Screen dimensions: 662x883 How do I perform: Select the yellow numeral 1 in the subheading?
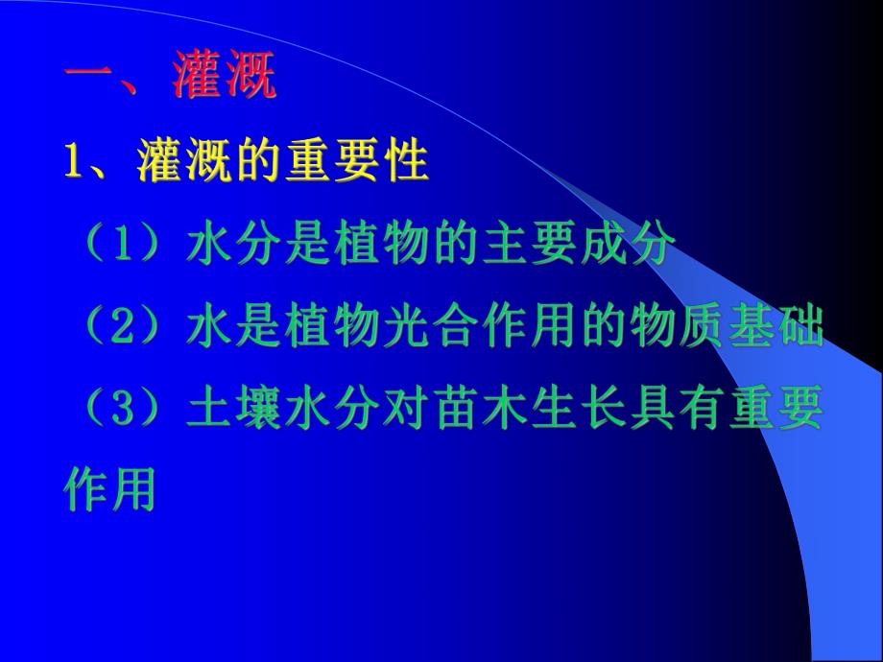(x=73, y=161)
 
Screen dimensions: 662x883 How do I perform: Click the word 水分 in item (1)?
(x=224, y=246)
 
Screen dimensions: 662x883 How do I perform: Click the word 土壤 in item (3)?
(x=224, y=411)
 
